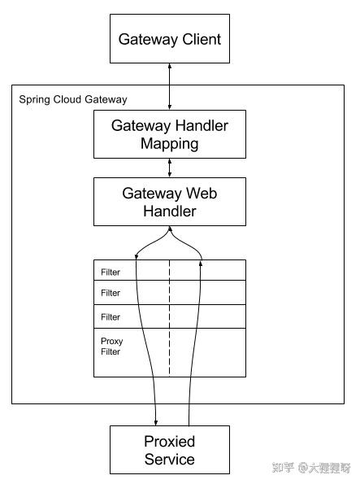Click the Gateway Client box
click(169, 39)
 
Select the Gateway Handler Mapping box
click(169, 134)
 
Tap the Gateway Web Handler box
click(169, 202)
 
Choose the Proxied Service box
click(169, 451)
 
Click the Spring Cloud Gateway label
click(72, 99)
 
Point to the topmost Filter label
click(111, 272)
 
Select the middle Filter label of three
click(111, 293)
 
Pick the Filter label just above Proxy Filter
click(111, 317)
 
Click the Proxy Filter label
click(111, 347)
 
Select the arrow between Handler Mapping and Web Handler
click(169, 168)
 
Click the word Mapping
click(169, 143)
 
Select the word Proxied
click(169, 443)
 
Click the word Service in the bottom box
click(169, 460)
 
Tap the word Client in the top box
click(198, 39)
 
